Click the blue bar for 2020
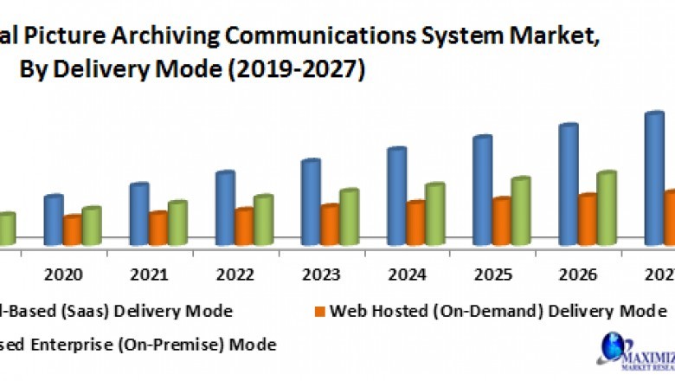pyautogui.click(x=54, y=219)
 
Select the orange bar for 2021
pyautogui.click(x=157, y=227)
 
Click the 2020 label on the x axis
pyautogui.click(x=63, y=274)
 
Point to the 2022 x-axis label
pyautogui.click(x=235, y=274)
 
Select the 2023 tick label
pyautogui.click(x=321, y=274)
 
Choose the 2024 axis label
pyautogui.click(x=407, y=274)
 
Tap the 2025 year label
pyautogui.click(x=492, y=274)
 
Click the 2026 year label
pyautogui.click(x=578, y=274)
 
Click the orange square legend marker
pyautogui.click(x=320, y=310)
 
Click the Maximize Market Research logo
pyautogui.click(x=633, y=351)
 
